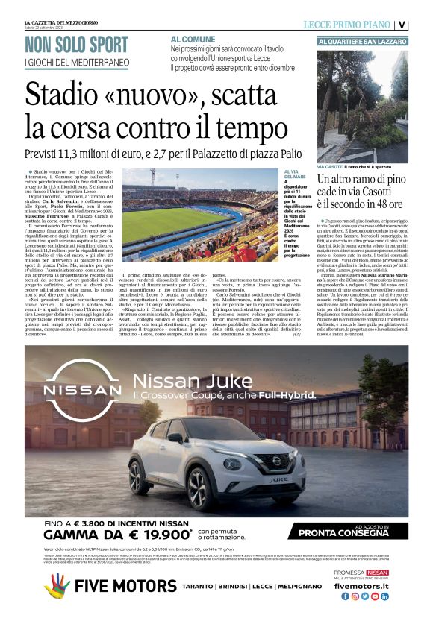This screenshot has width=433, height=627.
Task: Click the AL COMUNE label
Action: point(193,39)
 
